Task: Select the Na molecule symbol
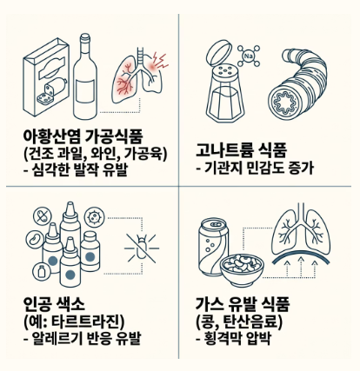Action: point(249,56)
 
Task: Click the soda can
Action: point(213,247)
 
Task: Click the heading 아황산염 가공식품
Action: point(83,136)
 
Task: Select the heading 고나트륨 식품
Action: point(241,149)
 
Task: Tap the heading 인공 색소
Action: point(54,304)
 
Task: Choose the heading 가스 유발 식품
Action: point(243,304)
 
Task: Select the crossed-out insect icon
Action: point(142,248)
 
